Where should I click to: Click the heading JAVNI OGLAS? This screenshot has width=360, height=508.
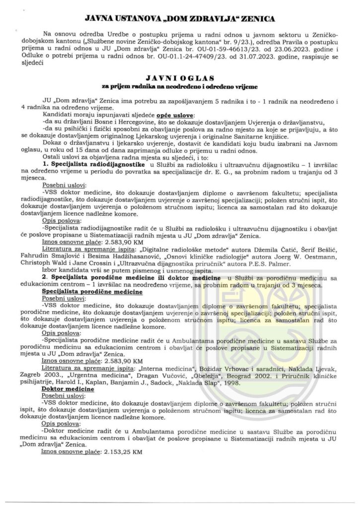point(180,78)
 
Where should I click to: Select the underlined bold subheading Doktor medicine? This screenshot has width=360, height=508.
point(68,389)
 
